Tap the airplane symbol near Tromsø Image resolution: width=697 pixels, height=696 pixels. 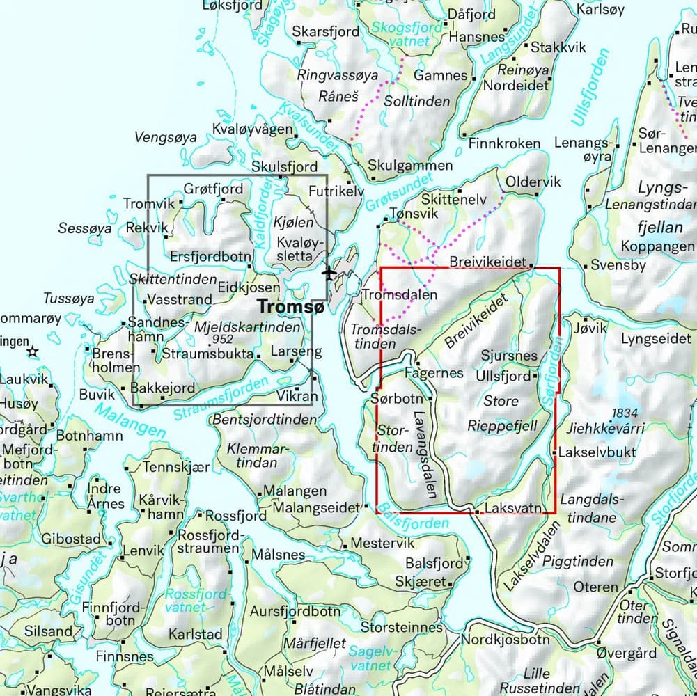pos(328,273)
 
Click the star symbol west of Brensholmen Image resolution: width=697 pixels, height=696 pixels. pos(32,352)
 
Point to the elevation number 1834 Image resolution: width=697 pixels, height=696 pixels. pos(624,413)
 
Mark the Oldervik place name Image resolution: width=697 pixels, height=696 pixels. pos(533,182)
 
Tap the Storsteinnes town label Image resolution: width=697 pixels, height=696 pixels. pos(402,627)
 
